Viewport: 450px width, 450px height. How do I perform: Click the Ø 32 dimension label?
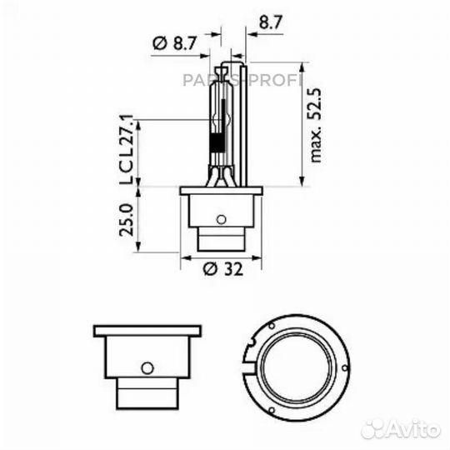point(223,269)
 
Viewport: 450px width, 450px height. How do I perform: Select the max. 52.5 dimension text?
point(315,125)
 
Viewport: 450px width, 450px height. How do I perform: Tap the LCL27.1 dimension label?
point(127,149)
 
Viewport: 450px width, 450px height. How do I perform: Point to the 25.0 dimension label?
point(127,220)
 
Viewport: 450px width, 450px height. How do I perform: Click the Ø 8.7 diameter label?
point(174,43)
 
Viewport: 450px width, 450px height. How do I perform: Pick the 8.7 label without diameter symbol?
point(271,22)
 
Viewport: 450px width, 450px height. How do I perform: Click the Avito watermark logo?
point(401,430)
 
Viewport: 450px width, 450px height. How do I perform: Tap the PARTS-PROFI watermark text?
point(242,80)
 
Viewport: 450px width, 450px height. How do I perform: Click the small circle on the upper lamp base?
point(221,220)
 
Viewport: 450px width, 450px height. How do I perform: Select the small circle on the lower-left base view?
point(147,367)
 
